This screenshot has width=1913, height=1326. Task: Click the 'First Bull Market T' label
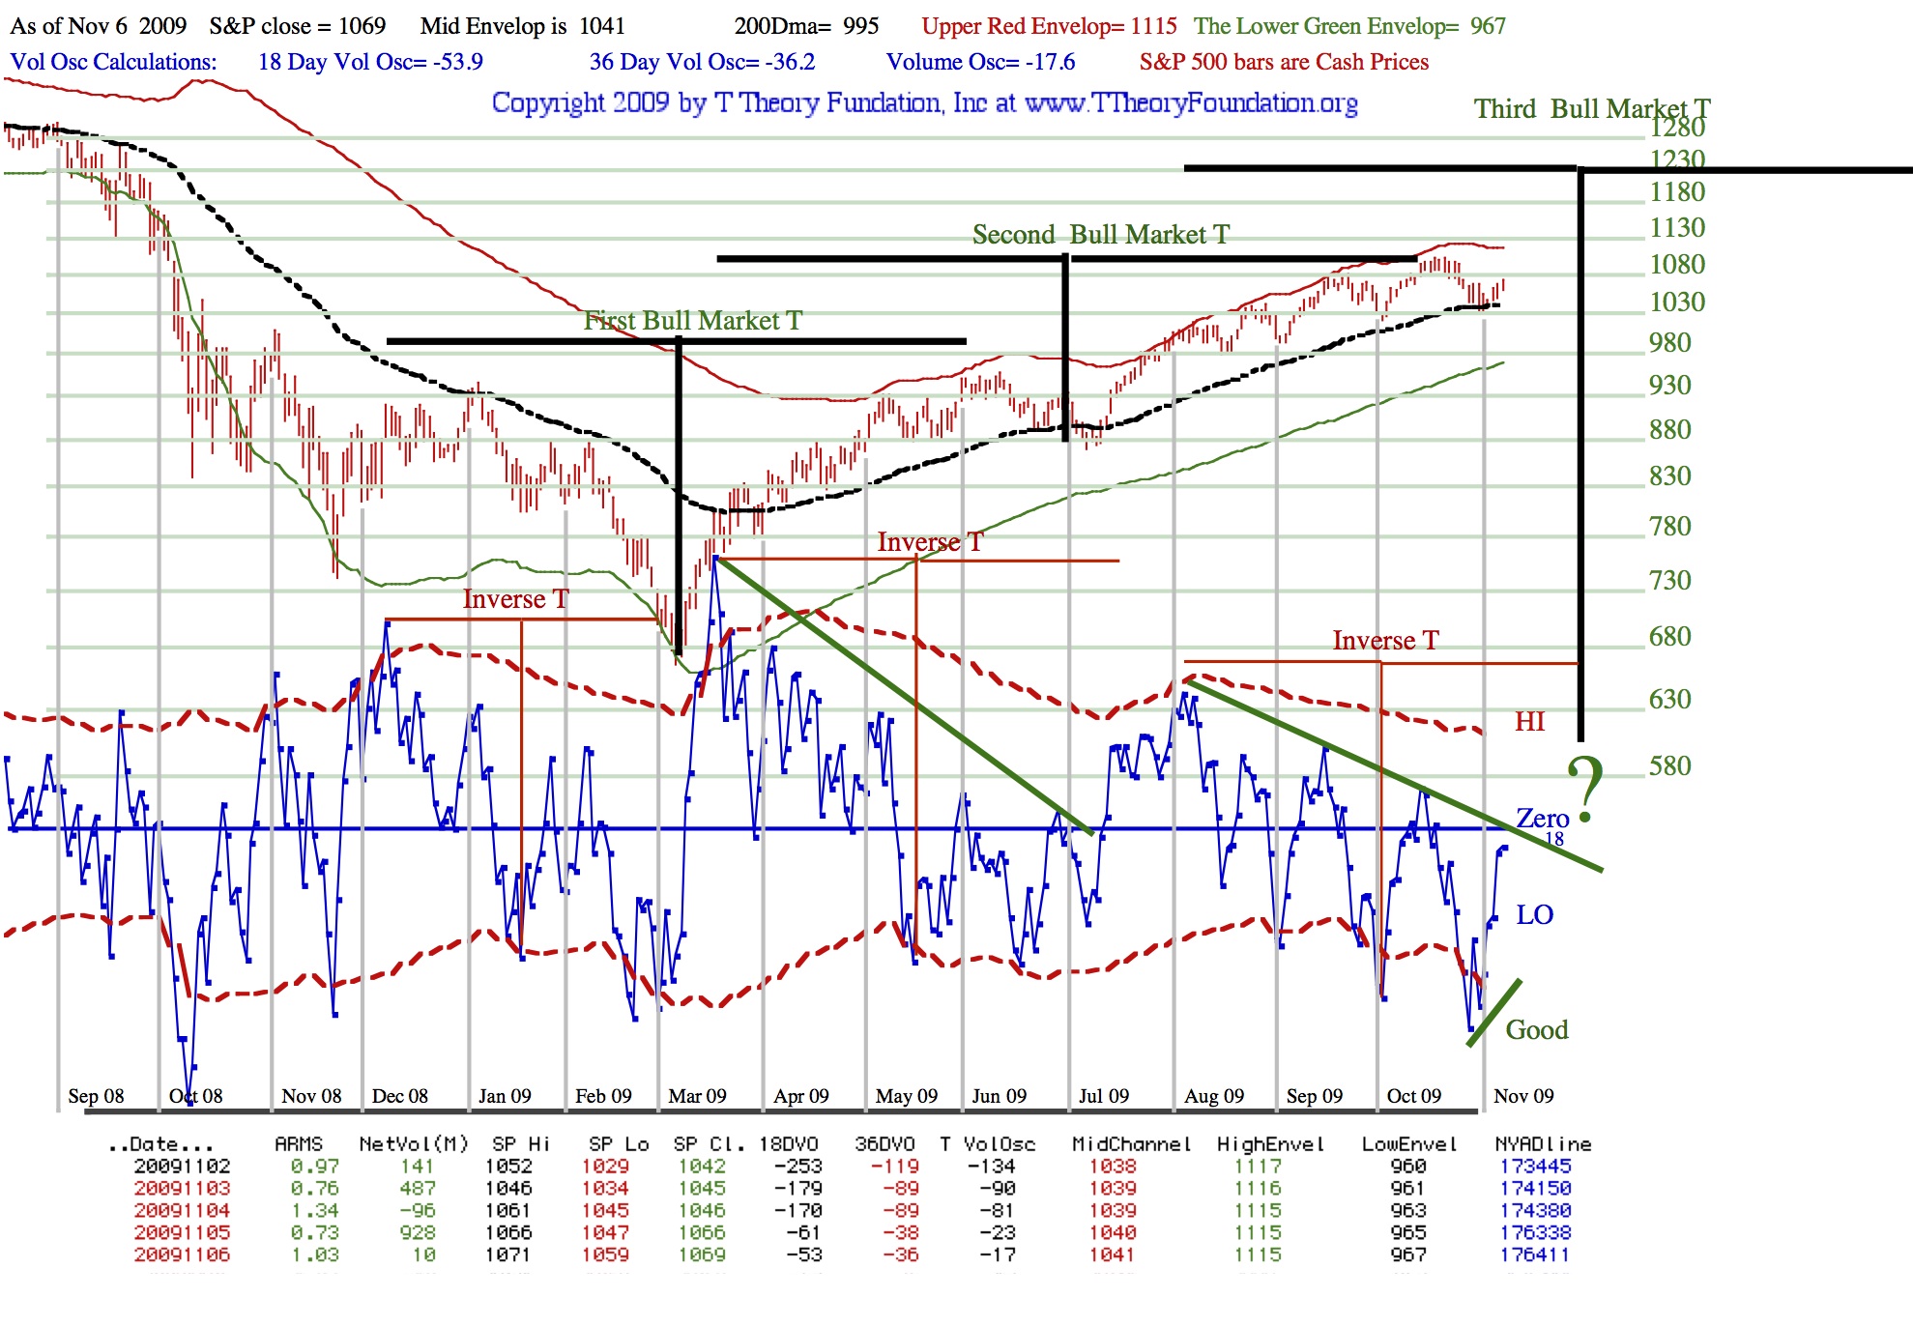coord(692,320)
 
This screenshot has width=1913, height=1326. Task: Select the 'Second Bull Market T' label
coord(1100,235)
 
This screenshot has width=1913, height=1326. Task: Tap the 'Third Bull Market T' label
coord(1591,108)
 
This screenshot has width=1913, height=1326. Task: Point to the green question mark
coord(1585,787)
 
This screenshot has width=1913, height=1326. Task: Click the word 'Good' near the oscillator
coord(1536,1030)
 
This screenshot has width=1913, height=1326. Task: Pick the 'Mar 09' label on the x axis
coord(697,1096)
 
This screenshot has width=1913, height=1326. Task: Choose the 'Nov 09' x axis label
coord(1523,1096)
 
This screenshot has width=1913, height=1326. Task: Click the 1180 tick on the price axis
coord(1677,192)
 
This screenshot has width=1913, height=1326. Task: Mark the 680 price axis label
coord(1669,637)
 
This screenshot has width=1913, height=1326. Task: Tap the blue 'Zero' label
coord(1542,819)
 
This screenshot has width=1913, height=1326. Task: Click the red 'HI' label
coord(1529,722)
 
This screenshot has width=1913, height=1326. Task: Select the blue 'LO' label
coord(1534,915)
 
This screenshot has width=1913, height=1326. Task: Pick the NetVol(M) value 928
coord(418,1233)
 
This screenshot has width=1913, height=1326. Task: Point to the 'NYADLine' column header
coord(1543,1144)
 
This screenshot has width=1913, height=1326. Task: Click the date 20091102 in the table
coord(182,1167)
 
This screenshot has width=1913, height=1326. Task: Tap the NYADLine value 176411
coord(1535,1255)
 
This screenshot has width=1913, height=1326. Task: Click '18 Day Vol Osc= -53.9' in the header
coord(370,62)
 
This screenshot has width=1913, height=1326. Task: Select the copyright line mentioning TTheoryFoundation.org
coord(924,102)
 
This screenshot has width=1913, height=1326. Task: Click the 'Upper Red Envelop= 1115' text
coord(1049,26)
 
